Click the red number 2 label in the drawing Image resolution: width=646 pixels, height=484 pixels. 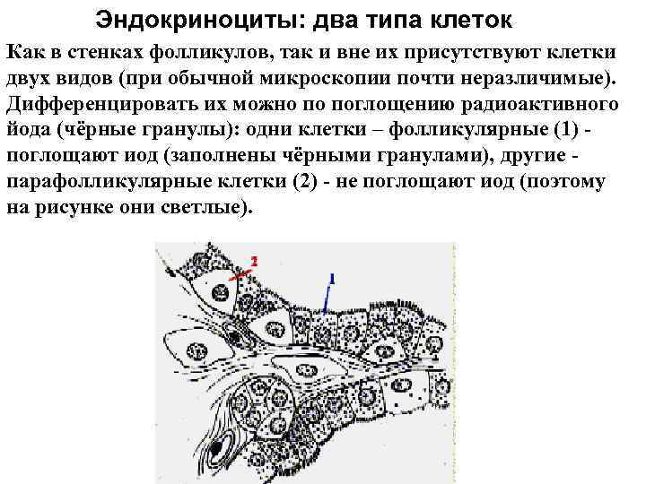click(254, 261)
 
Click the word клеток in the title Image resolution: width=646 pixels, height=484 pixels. click(477, 19)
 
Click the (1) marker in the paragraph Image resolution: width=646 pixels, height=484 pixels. click(557, 129)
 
